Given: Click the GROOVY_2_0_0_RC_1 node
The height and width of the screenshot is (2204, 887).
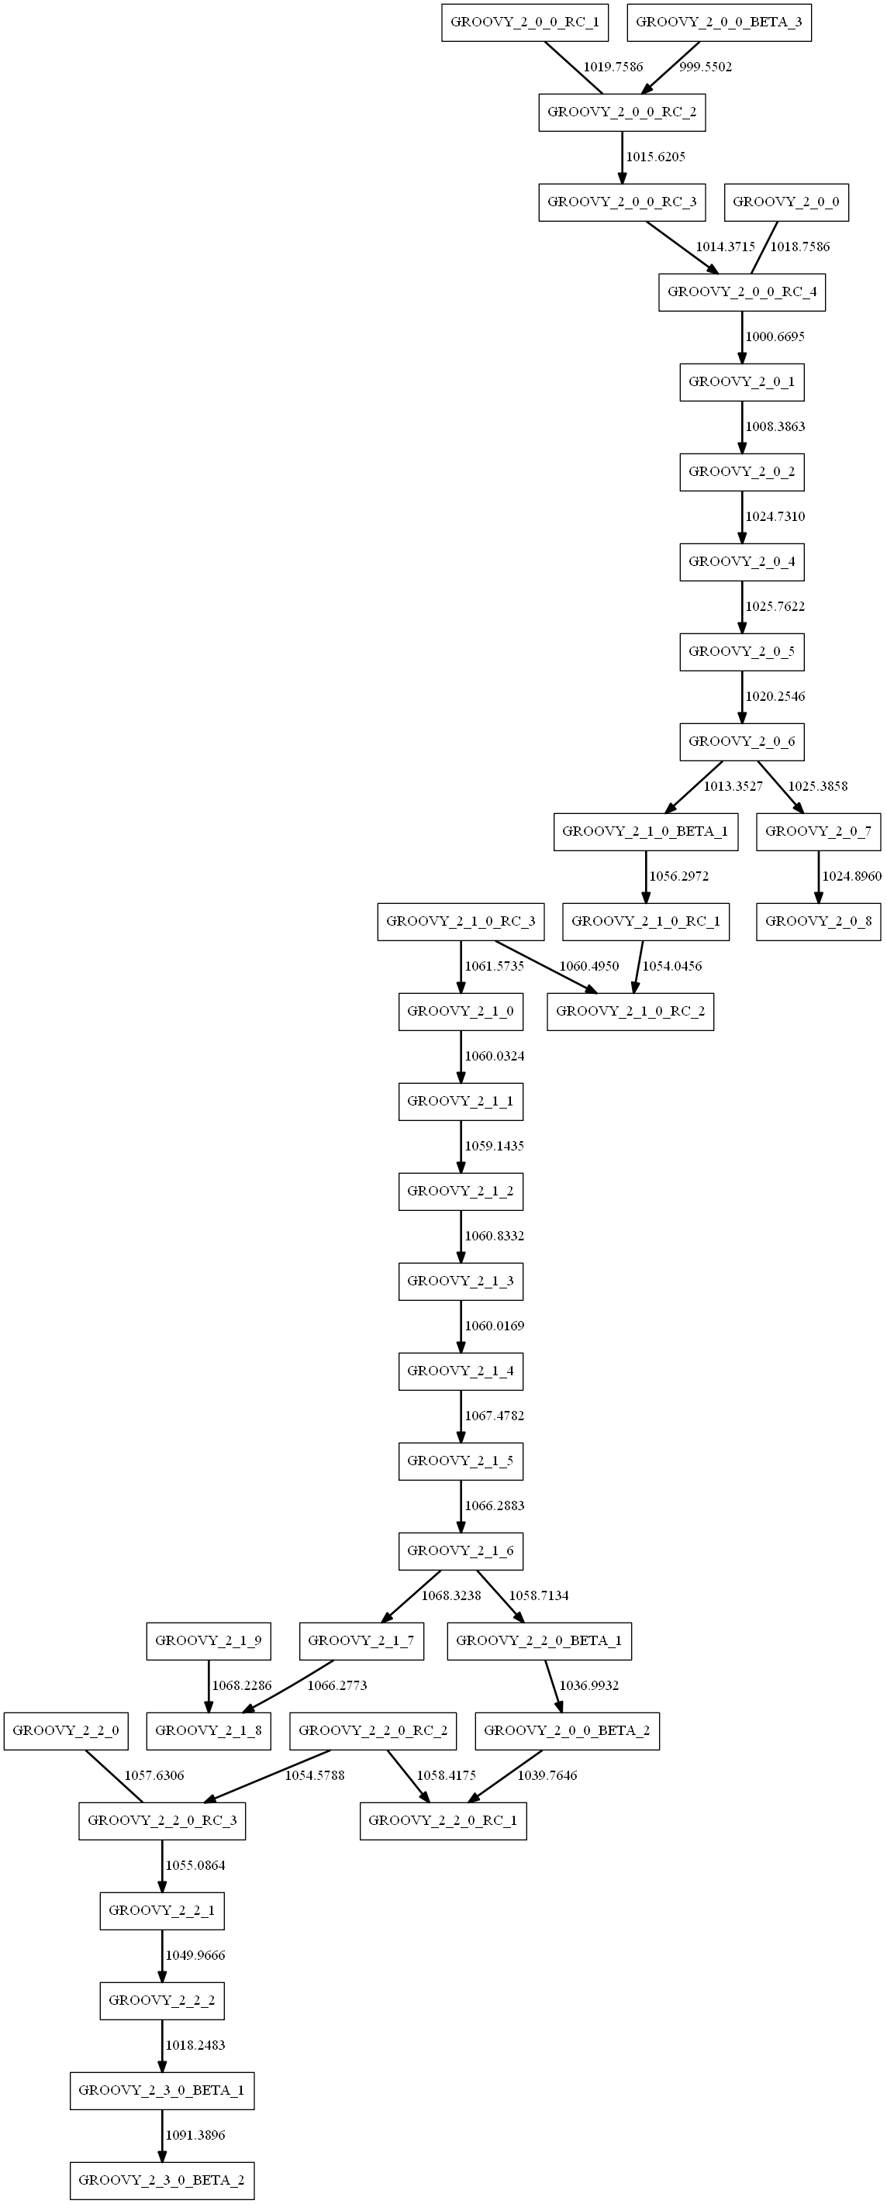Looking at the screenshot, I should (524, 22).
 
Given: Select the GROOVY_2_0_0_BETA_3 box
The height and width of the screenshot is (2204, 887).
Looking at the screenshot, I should (719, 22).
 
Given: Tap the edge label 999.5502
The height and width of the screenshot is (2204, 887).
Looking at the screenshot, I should (705, 67).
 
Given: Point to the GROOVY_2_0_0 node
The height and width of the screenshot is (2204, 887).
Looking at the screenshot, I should (786, 202).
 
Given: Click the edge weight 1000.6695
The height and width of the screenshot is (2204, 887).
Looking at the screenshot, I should (774, 337).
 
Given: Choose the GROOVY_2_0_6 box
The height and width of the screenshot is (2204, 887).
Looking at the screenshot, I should (741, 742).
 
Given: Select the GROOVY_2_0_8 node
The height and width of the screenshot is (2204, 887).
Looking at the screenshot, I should (819, 922).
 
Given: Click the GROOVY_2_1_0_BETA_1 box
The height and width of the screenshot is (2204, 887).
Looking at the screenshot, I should (645, 832).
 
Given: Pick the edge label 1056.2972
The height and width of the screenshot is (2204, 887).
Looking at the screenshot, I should (678, 876).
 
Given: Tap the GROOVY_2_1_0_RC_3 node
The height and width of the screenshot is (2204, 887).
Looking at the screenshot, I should (461, 922).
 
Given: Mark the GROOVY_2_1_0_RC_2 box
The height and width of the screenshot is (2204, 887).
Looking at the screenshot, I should (630, 1012).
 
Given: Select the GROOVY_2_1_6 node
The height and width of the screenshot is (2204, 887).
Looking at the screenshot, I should (461, 1551).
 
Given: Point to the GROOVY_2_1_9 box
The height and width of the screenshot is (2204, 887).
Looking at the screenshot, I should (209, 1641).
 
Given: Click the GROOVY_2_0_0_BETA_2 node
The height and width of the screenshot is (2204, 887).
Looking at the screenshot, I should (566, 1731).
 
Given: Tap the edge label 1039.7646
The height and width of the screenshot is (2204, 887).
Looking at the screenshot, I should (547, 1775).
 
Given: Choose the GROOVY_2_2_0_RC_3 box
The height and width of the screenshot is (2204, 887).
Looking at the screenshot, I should (162, 1821).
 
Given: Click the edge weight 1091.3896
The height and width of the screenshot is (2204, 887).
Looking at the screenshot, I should (195, 2136).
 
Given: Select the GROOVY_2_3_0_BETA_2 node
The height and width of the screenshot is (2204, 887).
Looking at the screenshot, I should (162, 2180).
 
